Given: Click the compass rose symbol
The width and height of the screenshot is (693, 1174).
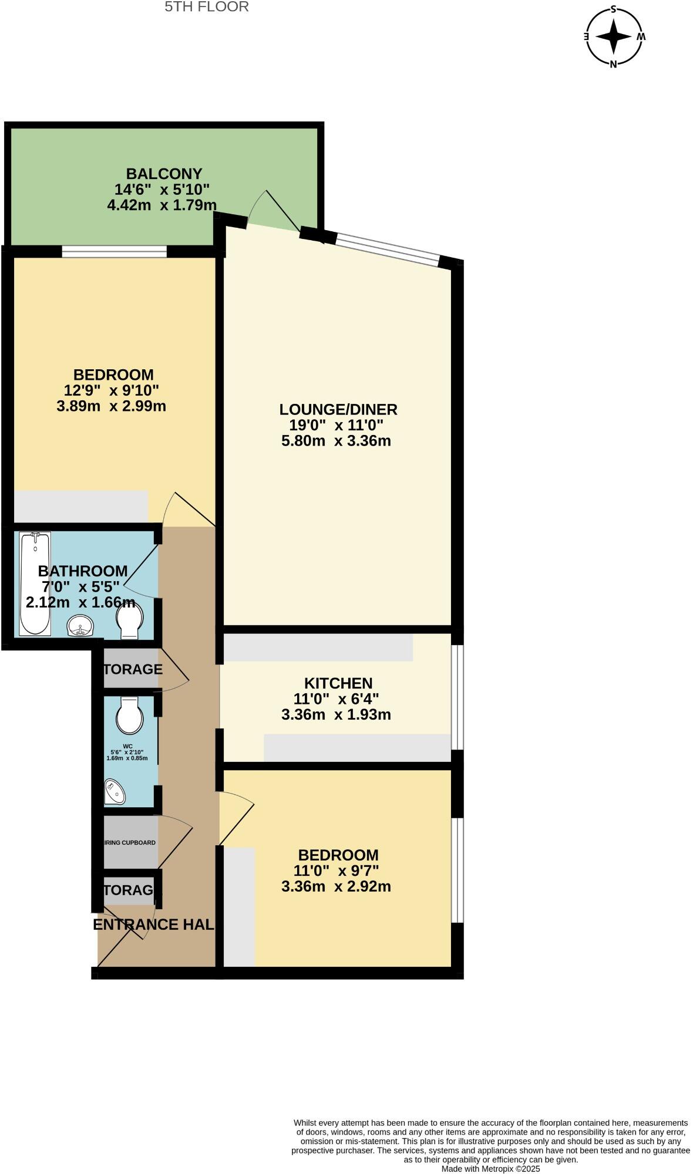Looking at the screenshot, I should (x=614, y=36).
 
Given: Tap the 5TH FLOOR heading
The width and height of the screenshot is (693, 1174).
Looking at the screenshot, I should (x=207, y=7).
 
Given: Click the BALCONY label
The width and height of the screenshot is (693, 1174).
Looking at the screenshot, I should (x=164, y=174).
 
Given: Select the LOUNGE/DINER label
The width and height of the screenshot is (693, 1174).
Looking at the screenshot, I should (x=338, y=409).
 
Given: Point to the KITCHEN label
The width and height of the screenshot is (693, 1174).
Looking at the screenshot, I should (x=338, y=683).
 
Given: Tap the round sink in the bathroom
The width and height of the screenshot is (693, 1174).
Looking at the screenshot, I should (x=80, y=626).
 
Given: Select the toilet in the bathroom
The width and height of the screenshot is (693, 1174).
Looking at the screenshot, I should (x=129, y=621).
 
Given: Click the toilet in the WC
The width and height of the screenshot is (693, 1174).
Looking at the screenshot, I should (x=129, y=716).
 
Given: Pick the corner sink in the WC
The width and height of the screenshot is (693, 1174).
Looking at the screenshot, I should (x=114, y=792).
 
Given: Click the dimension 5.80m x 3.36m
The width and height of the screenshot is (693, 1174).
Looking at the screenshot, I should (x=336, y=441).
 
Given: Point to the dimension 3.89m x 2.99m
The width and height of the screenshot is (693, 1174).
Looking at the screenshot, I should (x=112, y=406).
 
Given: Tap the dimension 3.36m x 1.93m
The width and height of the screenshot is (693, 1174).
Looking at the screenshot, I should (x=336, y=714).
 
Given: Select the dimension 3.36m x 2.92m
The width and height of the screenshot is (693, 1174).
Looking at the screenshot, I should (x=336, y=886).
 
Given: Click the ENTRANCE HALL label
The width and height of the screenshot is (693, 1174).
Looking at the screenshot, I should (x=153, y=925).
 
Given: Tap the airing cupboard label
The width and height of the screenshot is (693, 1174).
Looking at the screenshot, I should (x=130, y=842).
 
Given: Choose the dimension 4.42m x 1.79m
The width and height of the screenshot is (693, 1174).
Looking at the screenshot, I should (x=162, y=205).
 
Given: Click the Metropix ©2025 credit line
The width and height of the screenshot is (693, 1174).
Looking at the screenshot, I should (x=490, y=1169).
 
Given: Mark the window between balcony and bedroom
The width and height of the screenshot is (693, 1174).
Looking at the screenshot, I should (x=115, y=252).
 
